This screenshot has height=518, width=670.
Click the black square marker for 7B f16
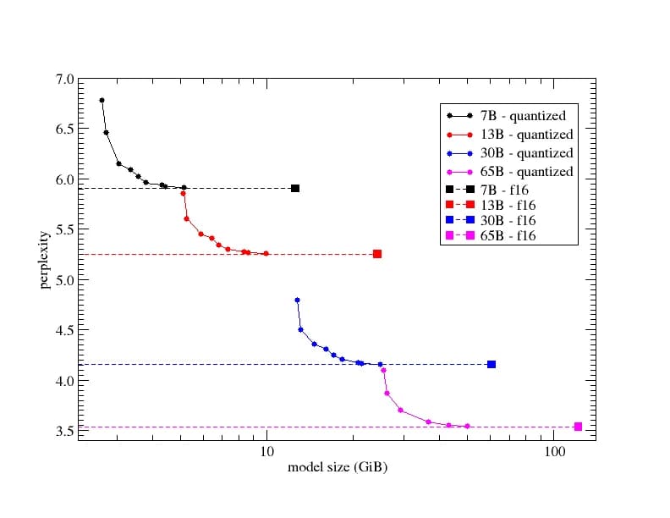coord(295,188)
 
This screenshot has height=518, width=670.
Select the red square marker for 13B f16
coord(377,254)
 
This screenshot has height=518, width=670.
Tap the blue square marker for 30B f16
coord(492,364)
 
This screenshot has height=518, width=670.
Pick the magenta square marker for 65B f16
coord(578,427)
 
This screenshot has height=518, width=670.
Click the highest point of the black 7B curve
coord(102,100)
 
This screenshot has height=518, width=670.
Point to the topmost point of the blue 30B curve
coord(297,300)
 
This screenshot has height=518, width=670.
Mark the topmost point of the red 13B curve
coord(183,193)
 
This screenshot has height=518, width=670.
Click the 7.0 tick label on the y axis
coord(64,80)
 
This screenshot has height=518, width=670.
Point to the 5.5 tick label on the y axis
coord(64,229)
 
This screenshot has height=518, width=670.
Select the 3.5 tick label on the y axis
coord(64,431)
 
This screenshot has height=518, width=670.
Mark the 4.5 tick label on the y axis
coord(64,330)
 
